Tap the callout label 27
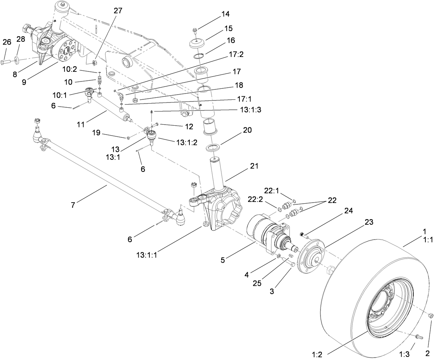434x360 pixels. point(118,10)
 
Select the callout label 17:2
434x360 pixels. point(236,54)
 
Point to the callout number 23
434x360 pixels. point(369,222)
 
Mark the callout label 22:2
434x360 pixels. point(255,199)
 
